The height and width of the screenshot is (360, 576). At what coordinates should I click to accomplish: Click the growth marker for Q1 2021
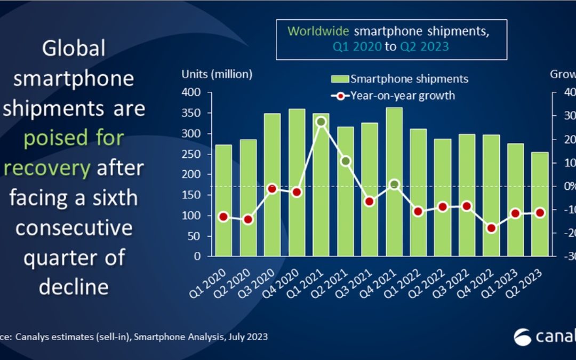click(x=321, y=122)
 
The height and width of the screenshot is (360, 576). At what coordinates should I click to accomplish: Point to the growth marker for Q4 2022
click(x=491, y=228)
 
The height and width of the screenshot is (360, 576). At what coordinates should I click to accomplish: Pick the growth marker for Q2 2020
click(x=248, y=219)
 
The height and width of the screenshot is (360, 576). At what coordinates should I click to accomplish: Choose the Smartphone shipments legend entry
click(x=400, y=79)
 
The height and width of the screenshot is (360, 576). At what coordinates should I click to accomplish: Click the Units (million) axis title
click(x=217, y=75)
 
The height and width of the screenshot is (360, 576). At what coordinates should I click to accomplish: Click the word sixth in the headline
click(x=110, y=198)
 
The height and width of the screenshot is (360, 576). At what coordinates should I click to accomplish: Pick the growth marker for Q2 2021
click(x=345, y=161)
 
